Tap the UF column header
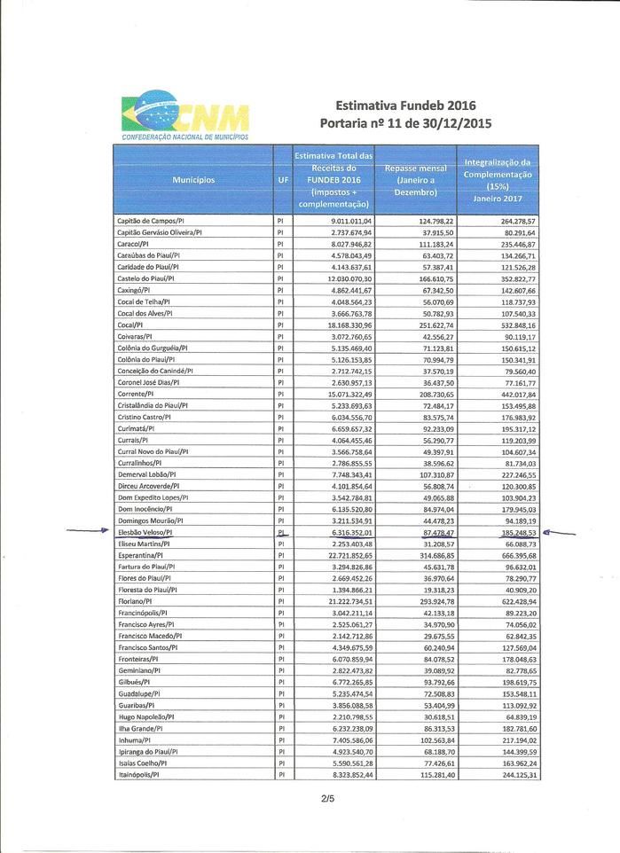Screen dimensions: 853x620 click(x=282, y=180)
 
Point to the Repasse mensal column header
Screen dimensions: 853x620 click(x=415, y=180)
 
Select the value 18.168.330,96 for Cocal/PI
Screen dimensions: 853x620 click(x=351, y=325)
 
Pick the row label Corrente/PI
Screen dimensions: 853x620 click(x=136, y=394)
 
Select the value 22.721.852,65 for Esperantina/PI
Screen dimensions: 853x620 click(x=351, y=555)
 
